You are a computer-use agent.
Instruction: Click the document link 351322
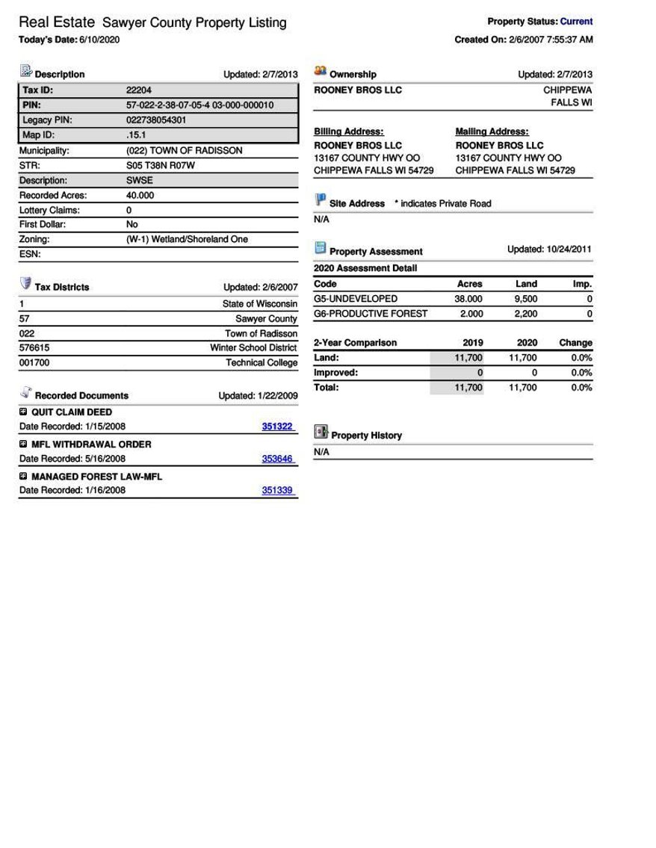pyautogui.click(x=277, y=427)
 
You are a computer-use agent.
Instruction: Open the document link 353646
pyautogui.click(x=277, y=459)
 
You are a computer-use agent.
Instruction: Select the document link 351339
pyautogui.click(x=277, y=490)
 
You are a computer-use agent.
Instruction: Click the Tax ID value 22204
pyautogui.click(x=139, y=90)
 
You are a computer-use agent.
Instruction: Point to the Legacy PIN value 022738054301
pyautogui.click(x=156, y=120)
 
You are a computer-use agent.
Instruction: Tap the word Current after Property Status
pyautogui.click(x=576, y=22)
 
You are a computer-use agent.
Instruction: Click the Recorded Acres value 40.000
pyautogui.click(x=140, y=195)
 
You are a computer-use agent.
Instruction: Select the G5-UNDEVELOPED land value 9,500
pyautogui.click(x=525, y=299)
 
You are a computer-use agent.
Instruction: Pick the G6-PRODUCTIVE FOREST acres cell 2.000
pyautogui.click(x=471, y=314)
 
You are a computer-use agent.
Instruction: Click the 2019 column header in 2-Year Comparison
pyautogui.click(x=472, y=343)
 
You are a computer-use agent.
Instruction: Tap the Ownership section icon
pyautogui.click(x=321, y=71)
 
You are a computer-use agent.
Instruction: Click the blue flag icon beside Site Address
pyautogui.click(x=321, y=200)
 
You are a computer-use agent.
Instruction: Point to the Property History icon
pyautogui.click(x=321, y=433)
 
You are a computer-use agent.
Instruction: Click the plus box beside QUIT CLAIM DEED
pyautogui.click(x=23, y=412)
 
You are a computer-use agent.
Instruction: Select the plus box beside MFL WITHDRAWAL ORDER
pyautogui.click(x=23, y=444)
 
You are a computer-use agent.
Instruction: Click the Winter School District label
pyautogui.click(x=253, y=348)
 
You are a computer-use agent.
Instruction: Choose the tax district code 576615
pyautogui.click(x=34, y=348)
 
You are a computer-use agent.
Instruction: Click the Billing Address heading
pyautogui.click(x=348, y=131)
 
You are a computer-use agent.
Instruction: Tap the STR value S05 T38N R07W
pyautogui.click(x=160, y=165)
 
